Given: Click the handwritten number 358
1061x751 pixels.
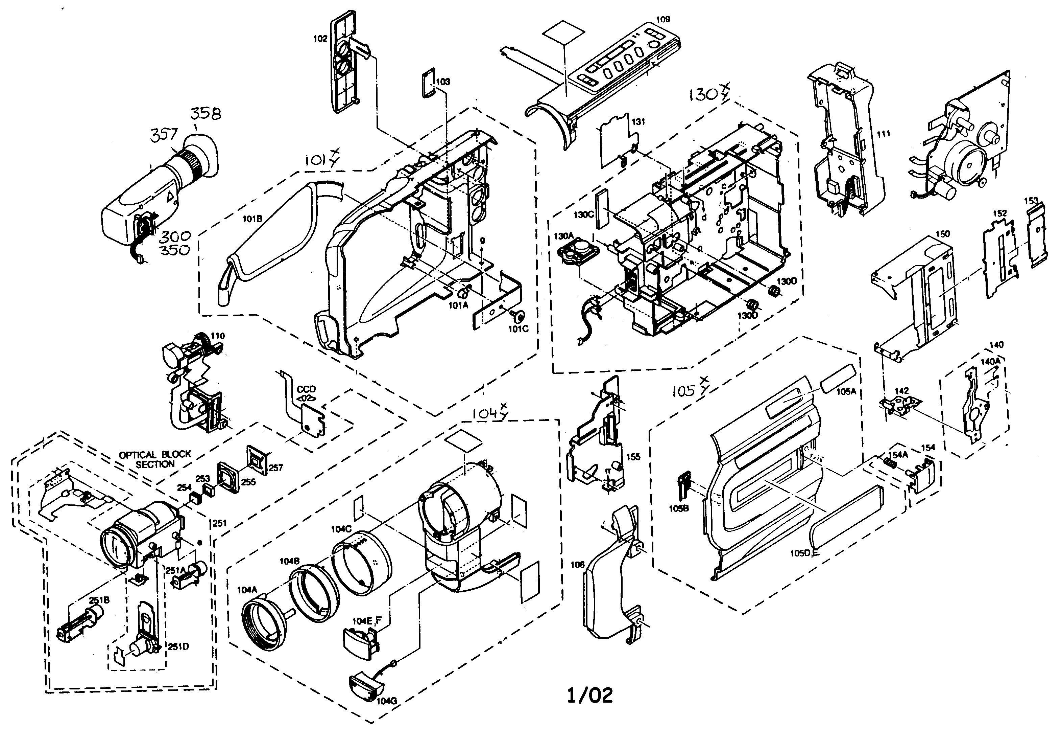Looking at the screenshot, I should [206, 113].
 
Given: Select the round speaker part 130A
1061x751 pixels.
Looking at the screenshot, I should [578, 255].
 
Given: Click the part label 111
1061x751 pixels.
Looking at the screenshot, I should [883, 134].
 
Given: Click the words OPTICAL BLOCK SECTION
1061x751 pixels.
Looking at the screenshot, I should [155, 459].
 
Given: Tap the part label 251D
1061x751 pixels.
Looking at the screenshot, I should [178, 646].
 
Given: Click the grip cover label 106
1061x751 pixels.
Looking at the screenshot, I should [578, 565].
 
